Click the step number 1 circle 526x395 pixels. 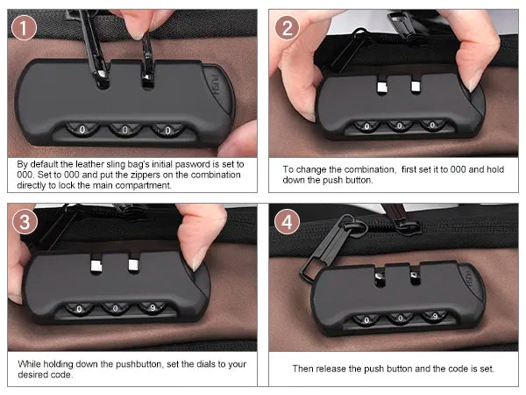click(x=24, y=28)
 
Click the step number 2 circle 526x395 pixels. click(x=287, y=28)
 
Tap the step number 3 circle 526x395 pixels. click(x=25, y=222)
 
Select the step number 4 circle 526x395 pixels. click(x=287, y=222)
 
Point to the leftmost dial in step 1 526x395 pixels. click(x=82, y=129)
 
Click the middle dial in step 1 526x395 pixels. click(x=124, y=129)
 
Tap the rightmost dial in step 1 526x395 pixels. click(x=167, y=130)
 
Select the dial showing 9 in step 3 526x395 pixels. click(x=153, y=308)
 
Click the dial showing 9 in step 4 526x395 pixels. click(x=435, y=316)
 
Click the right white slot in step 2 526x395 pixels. click(x=416, y=86)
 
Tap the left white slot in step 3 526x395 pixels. click(x=96, y=266)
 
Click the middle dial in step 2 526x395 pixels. click(x=399, y=126)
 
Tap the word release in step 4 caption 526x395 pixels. click(x=331, y=369)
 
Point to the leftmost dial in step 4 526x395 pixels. click(x=366, y=320)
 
